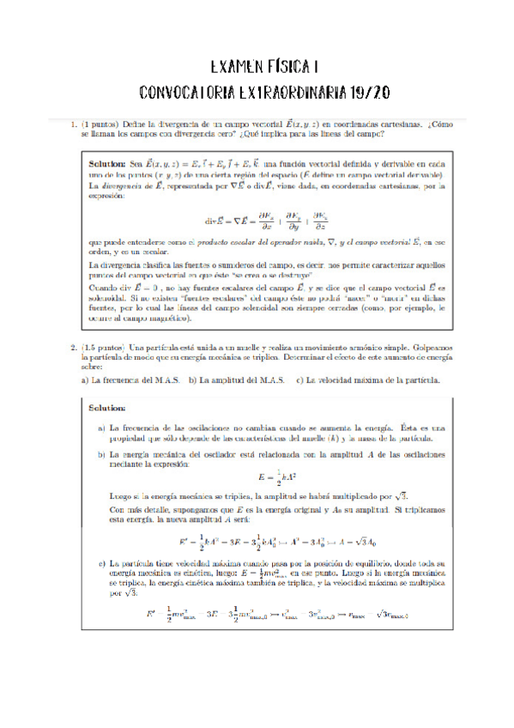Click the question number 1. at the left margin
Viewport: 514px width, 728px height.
click(75, 125)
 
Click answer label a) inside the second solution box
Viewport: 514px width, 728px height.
click(101, 427)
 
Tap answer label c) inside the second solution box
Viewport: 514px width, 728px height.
click(101, 563)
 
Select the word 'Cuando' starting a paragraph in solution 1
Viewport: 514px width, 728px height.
click(103, 288)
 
